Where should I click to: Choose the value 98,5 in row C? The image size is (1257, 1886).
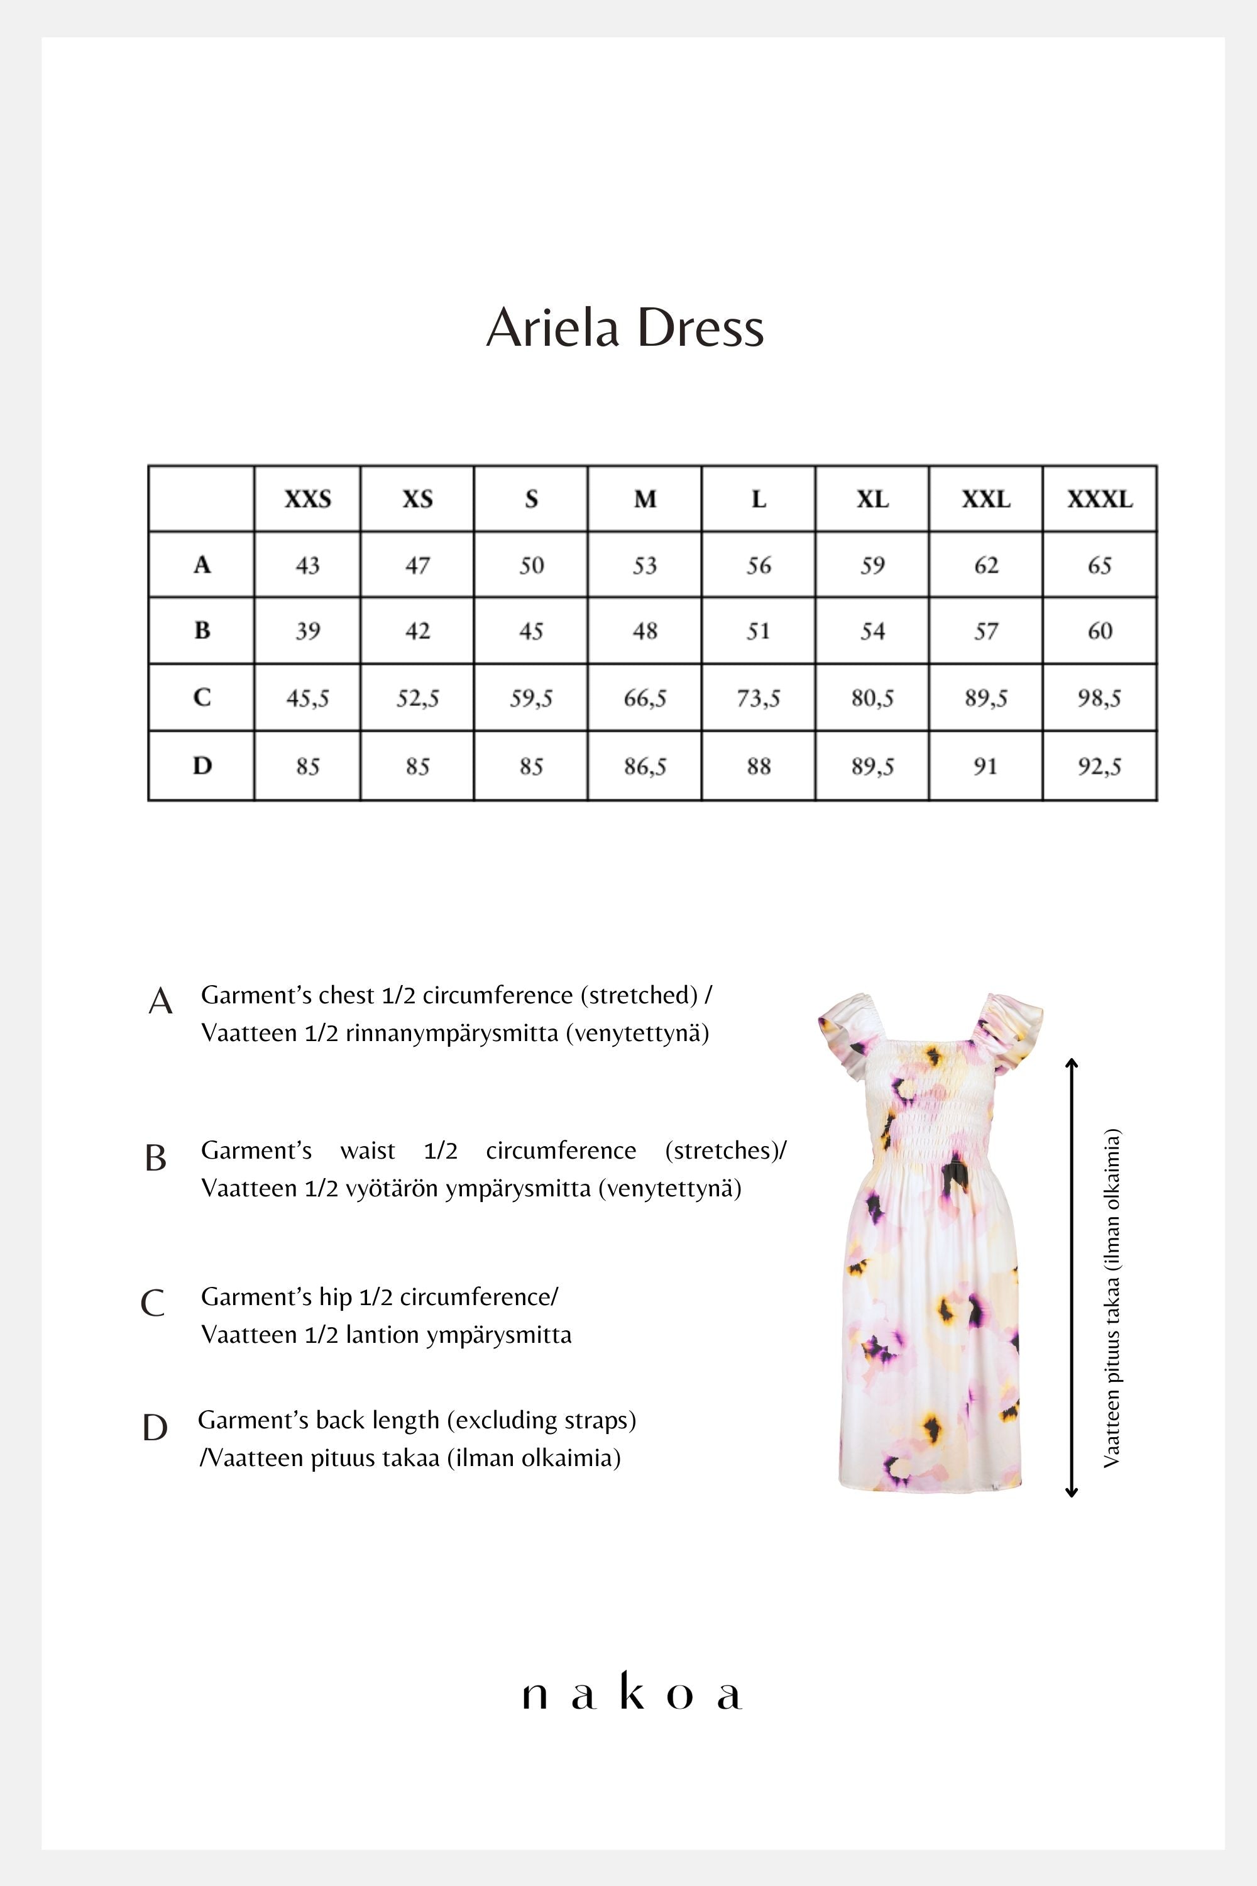[x=1099, y=698]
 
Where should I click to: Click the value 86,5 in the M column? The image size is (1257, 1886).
[x=645, y=766]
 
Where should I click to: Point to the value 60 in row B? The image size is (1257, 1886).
[x=1099, y=631]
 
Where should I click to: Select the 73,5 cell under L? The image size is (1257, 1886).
[x=759, y=698]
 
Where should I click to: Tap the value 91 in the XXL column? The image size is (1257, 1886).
[x=985, y=766]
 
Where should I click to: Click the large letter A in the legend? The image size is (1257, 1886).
[x=160, y=1001]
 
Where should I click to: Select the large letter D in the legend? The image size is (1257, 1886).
[x=155, y=1428]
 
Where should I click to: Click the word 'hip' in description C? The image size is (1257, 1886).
[x=335, y=1296]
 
